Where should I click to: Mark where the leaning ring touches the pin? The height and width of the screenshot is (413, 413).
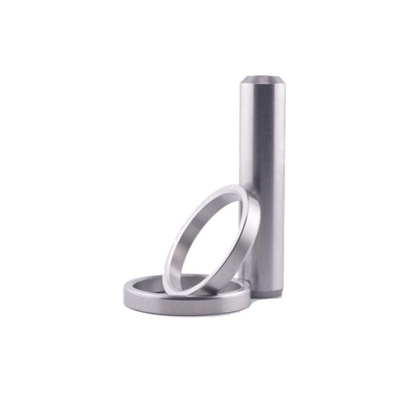tap(255, 206)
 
